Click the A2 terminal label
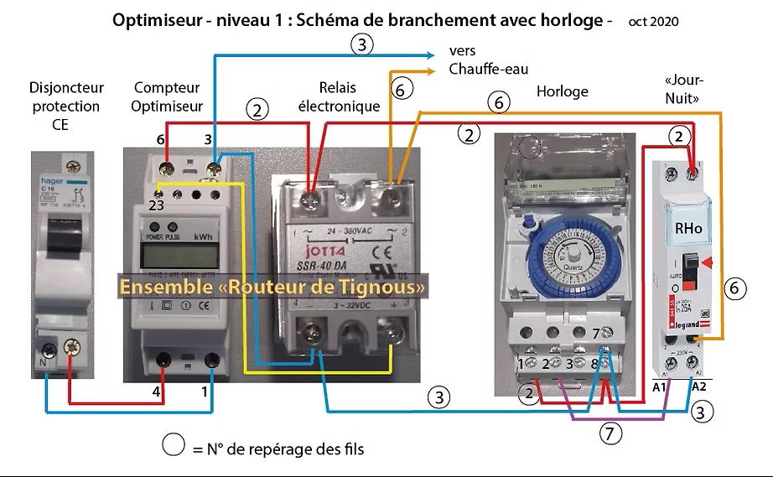click(699, 387)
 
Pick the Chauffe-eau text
click(489, 69)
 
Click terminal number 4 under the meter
click(157, 390)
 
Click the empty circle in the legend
click(174, 445)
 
